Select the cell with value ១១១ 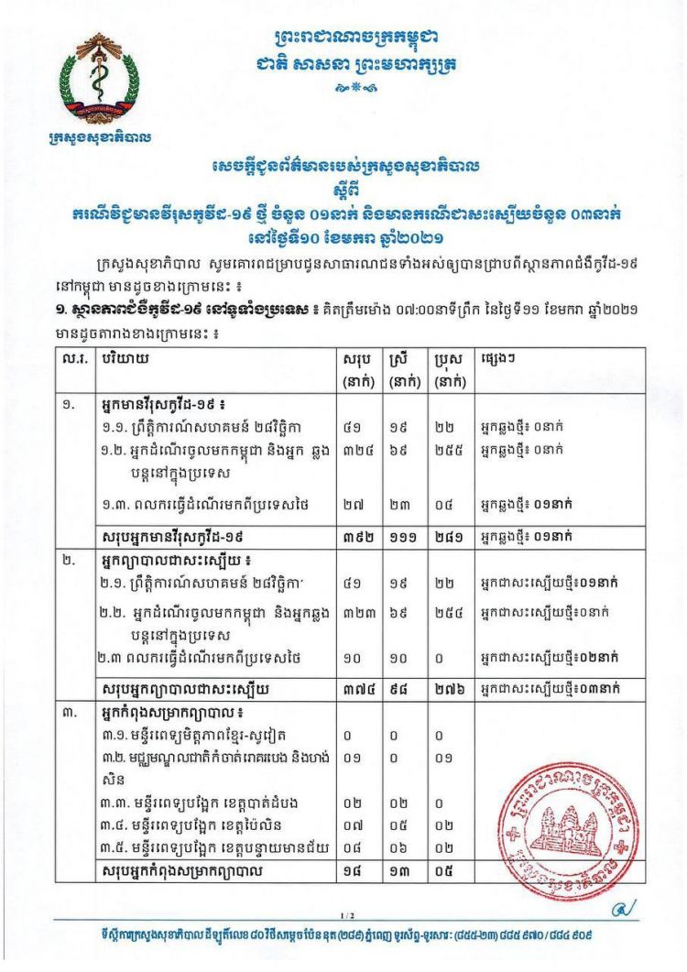(400, 533)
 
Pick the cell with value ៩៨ (399, 686)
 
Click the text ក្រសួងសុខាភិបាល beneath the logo (99, 138)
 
